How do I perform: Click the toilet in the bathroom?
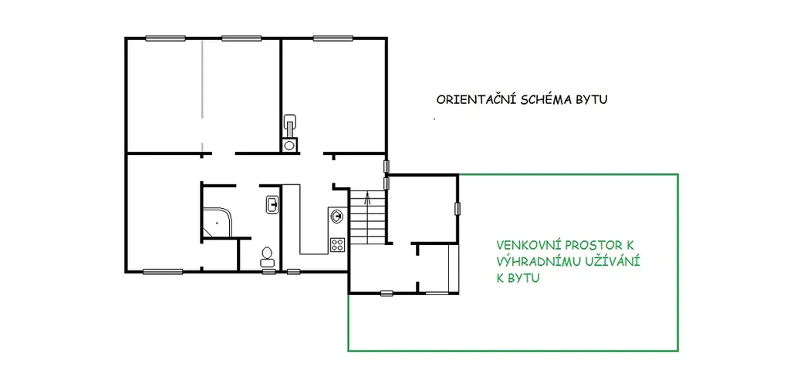tap(266, 257)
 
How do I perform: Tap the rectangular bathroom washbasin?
tap(272, 205)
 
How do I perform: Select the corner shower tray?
tap(217, 223)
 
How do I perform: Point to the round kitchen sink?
tap(336, 217)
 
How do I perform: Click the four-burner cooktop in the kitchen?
tap(337, 245)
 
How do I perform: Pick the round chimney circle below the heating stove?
tap(289, 145)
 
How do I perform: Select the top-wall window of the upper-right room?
tap(333, 38)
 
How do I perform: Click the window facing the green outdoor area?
tap(458, 208)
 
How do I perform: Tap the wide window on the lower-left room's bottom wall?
tap(163, 272)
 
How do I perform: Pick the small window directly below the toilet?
tap(268, 272)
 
